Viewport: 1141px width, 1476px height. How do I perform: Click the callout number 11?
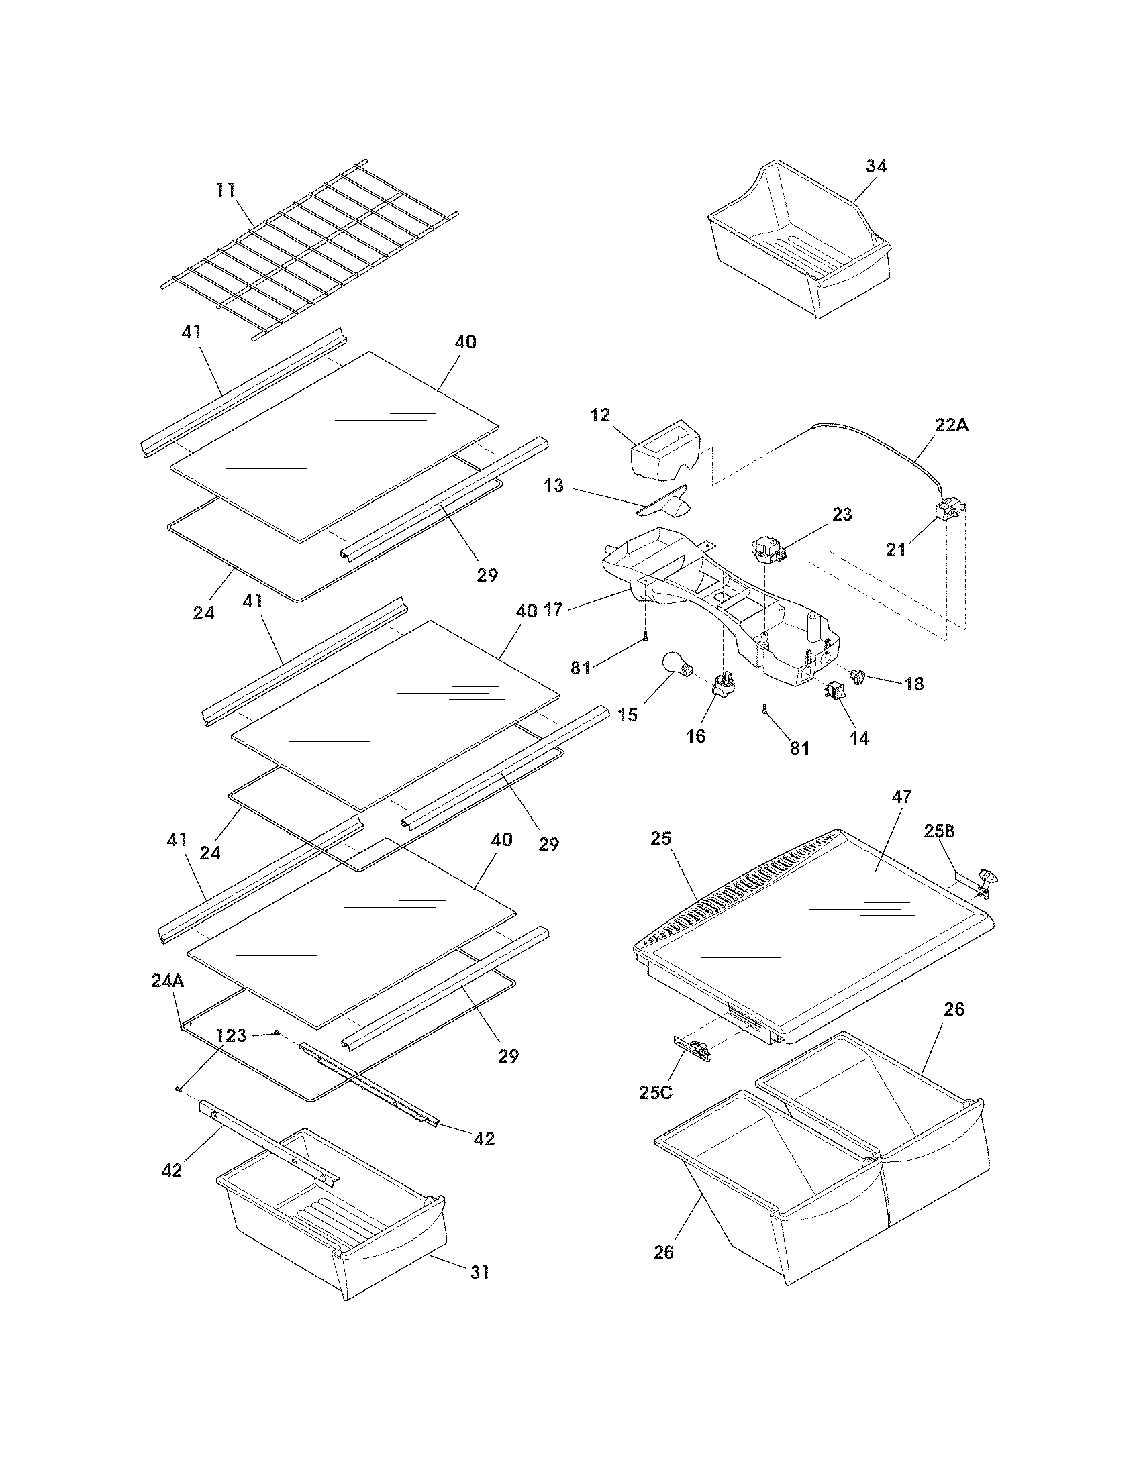(226, 190)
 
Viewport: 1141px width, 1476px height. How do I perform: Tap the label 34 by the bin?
(876, 166)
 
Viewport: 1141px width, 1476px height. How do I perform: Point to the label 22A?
(952, 426)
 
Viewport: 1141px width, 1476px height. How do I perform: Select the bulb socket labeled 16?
(723, 685)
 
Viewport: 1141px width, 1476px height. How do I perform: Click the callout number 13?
(554, 485)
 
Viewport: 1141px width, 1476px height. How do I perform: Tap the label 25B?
(940, 831)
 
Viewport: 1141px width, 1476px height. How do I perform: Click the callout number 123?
(231, 1035)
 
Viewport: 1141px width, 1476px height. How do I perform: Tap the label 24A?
(168, 981)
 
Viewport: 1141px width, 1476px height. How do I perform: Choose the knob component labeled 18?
(861, 675)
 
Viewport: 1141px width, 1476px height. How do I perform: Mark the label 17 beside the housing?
(553, 611)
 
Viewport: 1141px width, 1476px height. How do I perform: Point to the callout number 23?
(842, 515)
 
